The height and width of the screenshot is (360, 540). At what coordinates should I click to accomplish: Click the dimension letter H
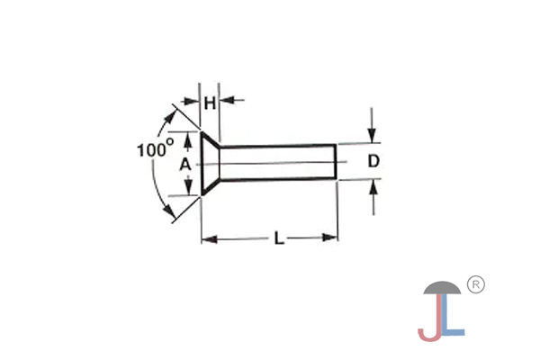[210, 103]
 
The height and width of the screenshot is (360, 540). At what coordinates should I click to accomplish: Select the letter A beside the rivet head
[185, 165]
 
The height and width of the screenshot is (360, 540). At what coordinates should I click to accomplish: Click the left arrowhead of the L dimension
[208, 238]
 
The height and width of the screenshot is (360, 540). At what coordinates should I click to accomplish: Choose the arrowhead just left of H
[193, 100]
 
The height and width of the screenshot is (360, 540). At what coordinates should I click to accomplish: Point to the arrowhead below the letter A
[187, 190]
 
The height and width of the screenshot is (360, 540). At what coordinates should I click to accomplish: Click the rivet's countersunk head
[208, 164]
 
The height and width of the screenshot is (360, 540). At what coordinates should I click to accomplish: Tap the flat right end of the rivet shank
[337, 163]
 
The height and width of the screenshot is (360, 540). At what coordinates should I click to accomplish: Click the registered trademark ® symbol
[477, 284]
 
